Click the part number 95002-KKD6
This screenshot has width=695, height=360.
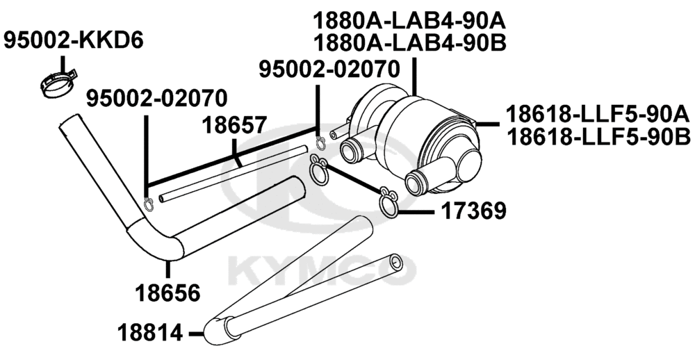74,41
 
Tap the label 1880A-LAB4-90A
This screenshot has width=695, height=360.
409,20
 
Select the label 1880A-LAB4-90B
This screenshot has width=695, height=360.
409,44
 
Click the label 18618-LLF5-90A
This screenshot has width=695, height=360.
598,115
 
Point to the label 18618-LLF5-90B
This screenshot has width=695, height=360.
598,137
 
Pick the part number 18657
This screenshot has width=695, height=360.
234,126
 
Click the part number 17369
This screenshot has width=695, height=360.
473,211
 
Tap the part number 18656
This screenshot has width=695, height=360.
167,293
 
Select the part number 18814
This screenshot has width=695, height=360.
150,332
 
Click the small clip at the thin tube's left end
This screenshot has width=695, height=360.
149,204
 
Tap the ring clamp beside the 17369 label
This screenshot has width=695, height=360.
389,203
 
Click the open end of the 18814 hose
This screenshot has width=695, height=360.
396,263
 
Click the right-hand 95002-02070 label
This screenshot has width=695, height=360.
329,69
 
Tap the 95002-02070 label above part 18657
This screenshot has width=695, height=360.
156,99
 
